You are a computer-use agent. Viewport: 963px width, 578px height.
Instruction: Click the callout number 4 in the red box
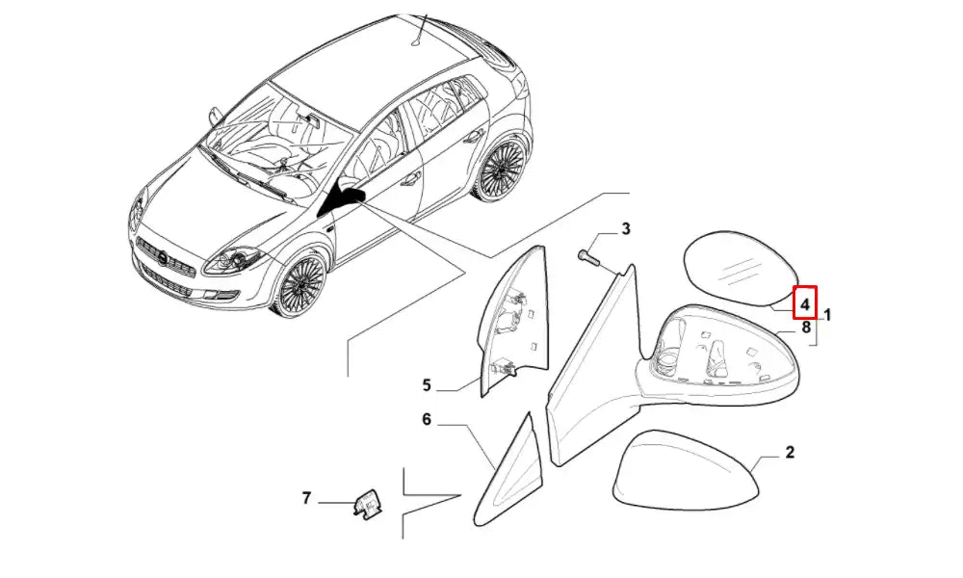(804, 303)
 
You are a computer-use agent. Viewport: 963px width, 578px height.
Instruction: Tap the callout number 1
(827, 316)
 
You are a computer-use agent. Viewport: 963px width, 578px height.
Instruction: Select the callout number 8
(806, 328)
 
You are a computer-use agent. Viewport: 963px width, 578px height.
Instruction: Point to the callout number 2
(790, 452)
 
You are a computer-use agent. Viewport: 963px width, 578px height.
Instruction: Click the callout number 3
(625, 229)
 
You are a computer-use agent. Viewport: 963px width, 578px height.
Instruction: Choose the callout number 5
(427, 385)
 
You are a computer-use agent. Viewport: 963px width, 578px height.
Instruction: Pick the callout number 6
(427, 419)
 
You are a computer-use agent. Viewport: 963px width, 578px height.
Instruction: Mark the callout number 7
(307, 497)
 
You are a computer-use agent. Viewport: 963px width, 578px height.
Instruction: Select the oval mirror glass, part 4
(740, 268)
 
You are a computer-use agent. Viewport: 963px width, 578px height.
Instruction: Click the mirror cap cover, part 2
(686, 470)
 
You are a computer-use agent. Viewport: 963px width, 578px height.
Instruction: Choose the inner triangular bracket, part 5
(511, 320)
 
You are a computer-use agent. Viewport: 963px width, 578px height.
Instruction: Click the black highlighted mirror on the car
(344, 198)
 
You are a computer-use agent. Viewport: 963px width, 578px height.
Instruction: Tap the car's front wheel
(301, 284)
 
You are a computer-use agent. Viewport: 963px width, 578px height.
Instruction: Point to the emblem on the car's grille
(162, 259)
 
